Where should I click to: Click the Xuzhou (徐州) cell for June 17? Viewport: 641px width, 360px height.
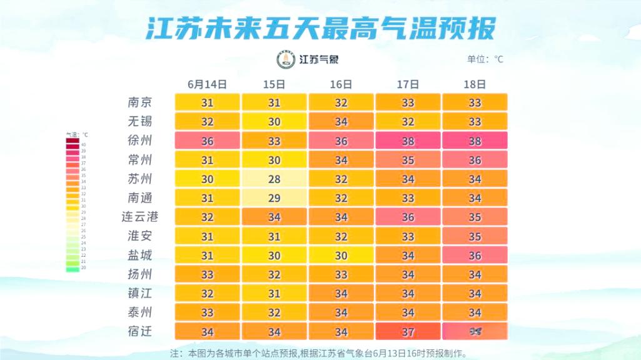tap(408, 141)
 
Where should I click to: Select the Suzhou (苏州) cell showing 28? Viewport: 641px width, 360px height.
tap(274, 180)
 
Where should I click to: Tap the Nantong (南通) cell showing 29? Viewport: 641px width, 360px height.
tap(274, 199)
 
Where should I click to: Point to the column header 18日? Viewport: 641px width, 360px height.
tap(475, 84)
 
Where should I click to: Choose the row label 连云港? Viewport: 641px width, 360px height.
tap(139, 217)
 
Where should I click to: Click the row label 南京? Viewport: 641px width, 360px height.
tap(139, 102)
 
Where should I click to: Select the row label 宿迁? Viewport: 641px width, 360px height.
tap(139, 331)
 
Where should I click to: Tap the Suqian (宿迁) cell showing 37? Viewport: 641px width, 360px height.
tap(408, 331)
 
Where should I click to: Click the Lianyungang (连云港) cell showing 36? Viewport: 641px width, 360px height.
tap(408, 217)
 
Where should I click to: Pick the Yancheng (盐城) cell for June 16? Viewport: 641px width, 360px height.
tap(341, 256)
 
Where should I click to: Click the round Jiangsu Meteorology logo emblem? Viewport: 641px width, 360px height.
tap(286, 60)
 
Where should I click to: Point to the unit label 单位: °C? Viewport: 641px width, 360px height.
tap(485, 60)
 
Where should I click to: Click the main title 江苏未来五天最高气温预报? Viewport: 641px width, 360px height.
tap(321, 28)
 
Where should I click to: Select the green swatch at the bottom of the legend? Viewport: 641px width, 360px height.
tap(73, 268)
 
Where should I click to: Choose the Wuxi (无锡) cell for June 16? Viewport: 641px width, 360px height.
tap(341, 122)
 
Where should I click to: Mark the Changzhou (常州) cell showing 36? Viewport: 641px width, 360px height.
tap(475, 161)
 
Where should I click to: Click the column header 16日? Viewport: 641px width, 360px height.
tap(341, 84)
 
